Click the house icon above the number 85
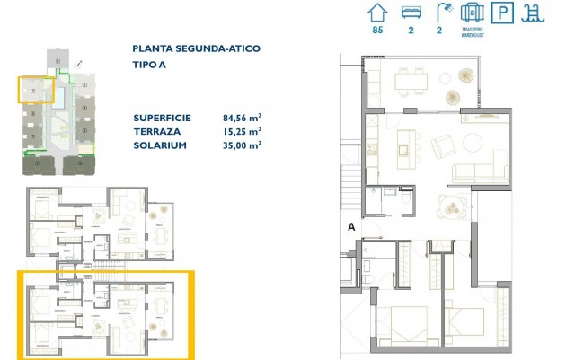(378, 13)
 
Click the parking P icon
(505, 13)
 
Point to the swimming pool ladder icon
(536, 13)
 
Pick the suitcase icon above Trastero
(473, 13)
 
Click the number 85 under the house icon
(378, 32)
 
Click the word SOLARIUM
(160, 145)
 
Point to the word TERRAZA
(155, 131)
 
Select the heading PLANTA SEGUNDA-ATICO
(197, 48)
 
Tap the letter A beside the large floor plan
(352, 228)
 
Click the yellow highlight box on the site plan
(36, 90)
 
